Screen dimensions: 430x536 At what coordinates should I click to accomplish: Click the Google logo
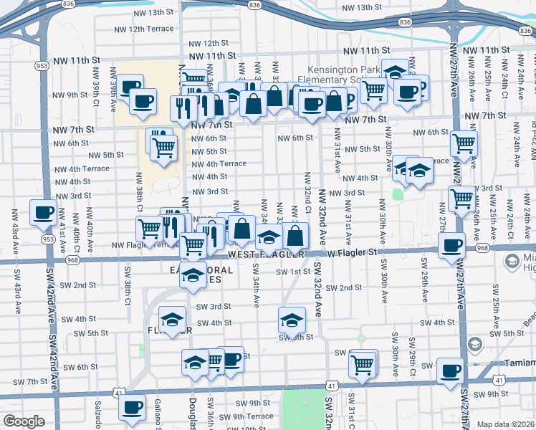click(x=24, y=421)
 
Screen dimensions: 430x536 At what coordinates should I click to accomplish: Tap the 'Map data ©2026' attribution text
click(x=506, y=424)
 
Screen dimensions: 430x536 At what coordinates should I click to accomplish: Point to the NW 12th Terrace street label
click(x=145, y=28)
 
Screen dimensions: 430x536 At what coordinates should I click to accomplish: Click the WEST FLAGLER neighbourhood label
click(x=267, y=254)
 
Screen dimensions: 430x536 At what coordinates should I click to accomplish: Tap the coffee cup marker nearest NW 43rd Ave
click(x=43, y=213)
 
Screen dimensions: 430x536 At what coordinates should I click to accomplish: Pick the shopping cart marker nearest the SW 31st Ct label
click(x=363, y=365)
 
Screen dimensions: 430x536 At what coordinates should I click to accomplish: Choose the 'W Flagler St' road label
click(x=352, y=252)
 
